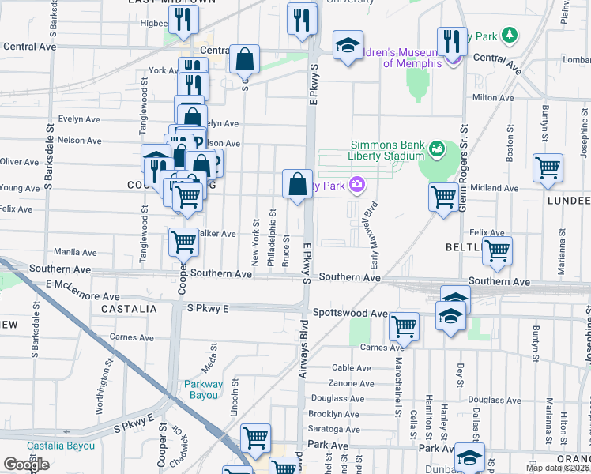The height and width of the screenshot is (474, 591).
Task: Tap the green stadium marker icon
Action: [435, 148]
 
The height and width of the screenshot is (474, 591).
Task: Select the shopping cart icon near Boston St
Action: [548, 168]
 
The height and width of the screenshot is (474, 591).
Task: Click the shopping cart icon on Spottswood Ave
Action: [404, 325]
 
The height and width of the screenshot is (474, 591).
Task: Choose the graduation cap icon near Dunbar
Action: [469, 456]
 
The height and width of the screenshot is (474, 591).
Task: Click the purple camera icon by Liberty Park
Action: [358, 185]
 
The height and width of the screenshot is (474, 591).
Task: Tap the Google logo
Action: [26, 465]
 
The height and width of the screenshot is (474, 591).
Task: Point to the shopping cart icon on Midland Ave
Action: [443, 197]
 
